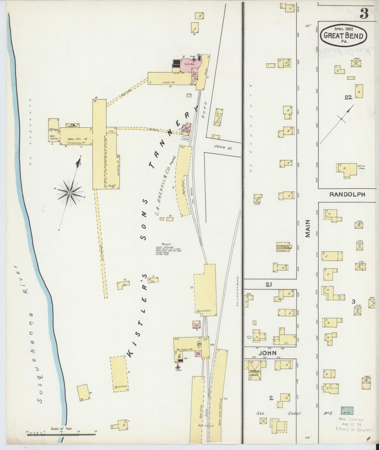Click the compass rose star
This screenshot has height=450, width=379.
pos(70,193)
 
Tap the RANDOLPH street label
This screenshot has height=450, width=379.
pos(347,195)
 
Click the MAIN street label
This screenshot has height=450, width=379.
pos(308,228)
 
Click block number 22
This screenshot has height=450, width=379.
pos(348,97)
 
